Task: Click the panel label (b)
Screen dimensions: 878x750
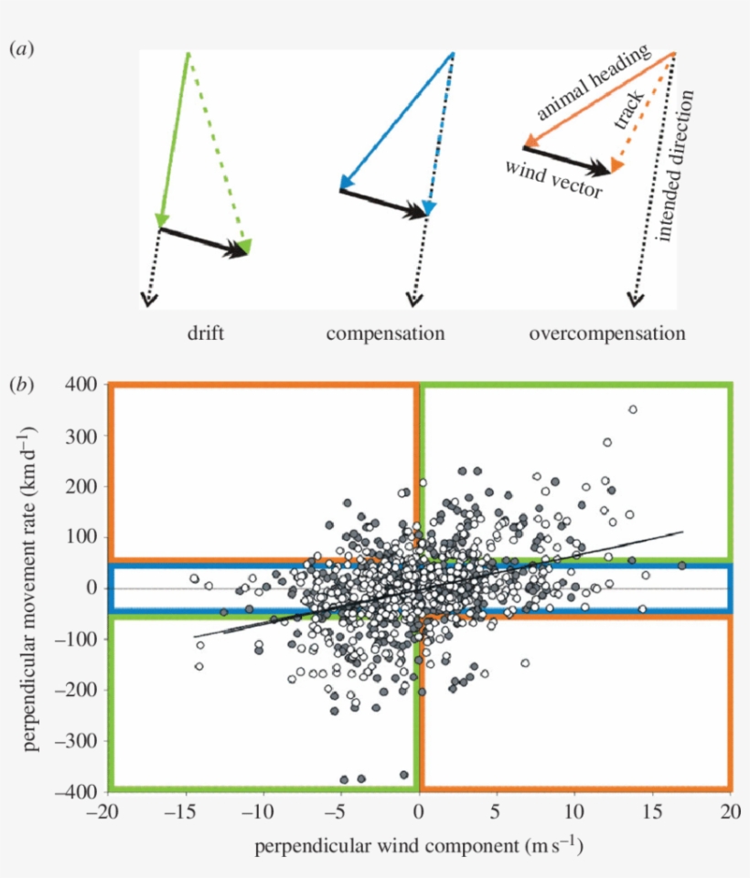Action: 22,385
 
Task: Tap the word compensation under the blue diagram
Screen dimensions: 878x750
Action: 385,333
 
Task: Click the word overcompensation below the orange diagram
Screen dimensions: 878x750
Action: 606,333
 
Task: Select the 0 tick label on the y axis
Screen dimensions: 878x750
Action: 91,587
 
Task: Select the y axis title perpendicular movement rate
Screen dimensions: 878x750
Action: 34,587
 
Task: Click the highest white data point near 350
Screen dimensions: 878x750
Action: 632,409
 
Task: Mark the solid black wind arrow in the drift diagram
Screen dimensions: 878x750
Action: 203,241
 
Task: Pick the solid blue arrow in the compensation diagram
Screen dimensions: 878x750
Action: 395,118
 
